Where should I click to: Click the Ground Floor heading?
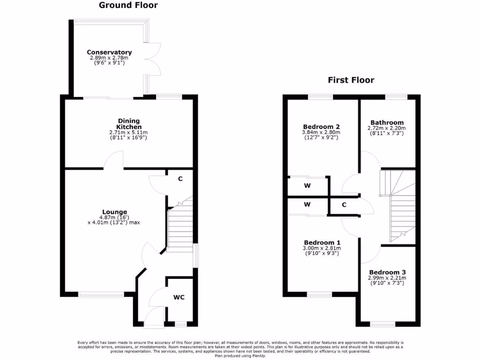128,6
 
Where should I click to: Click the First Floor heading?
351,80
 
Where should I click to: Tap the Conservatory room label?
109,52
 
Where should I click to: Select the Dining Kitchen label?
128,124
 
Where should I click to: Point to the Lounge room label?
114,212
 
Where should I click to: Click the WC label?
179,297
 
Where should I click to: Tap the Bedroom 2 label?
321,127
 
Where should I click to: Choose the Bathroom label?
387,123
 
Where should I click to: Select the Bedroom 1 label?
321,242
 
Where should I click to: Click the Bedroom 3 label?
387,272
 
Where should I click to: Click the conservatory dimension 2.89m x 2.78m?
109,58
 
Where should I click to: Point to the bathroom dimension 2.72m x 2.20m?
387,128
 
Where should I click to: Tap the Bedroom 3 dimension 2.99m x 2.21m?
387,278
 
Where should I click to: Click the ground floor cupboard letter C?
180,179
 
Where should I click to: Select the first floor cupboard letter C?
344,205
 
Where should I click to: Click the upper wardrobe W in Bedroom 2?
307,186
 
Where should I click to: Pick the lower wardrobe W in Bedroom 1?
307,205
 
